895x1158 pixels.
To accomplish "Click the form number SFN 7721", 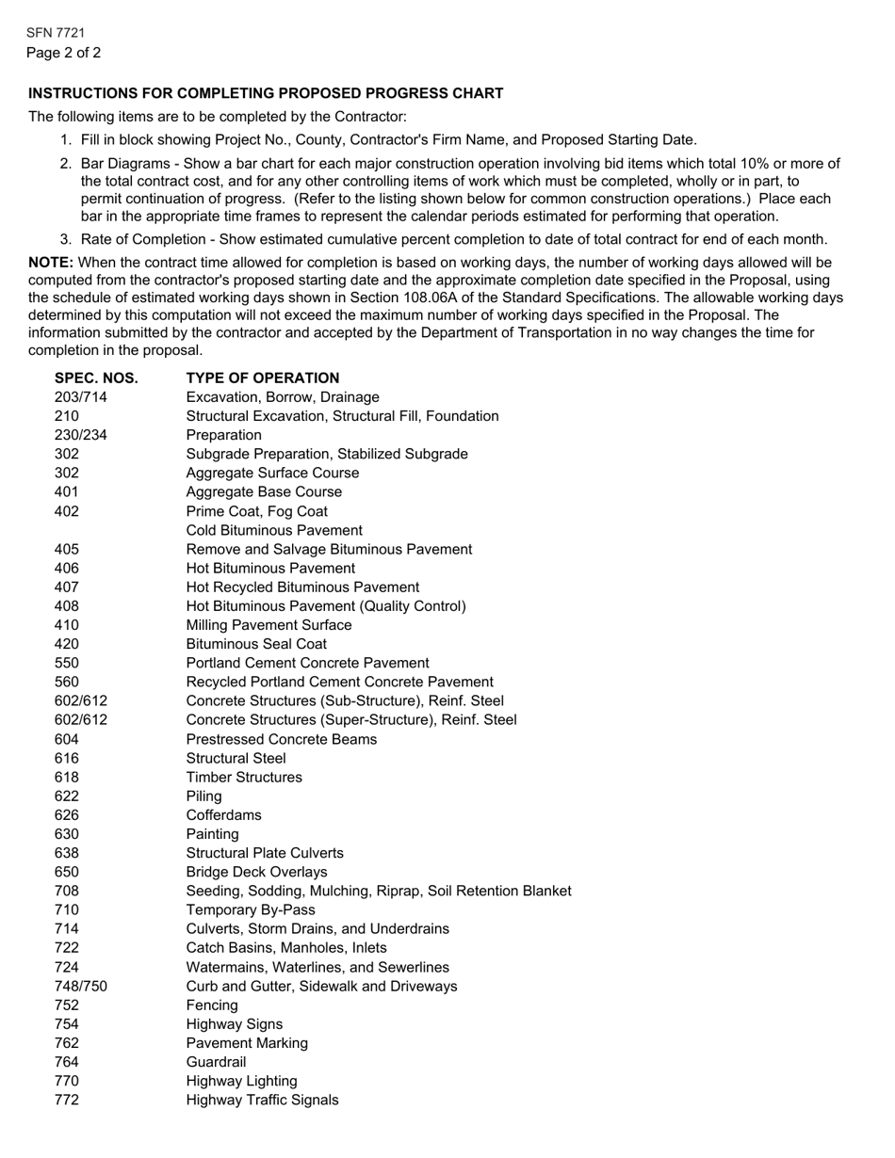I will click(x=56, y=33).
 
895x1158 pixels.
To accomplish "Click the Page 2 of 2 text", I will click(x=64, y=53).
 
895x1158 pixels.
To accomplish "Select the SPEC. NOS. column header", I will click(x=96, y=378).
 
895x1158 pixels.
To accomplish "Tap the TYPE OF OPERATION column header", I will click(x=263, y=378).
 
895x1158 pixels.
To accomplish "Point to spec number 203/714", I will click(x=81, y=397).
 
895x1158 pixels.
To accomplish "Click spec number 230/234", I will click(x=81, y=435).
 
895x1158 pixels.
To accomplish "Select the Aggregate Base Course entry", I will click(x=265, y=492).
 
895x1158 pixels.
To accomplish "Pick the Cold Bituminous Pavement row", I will click(x=274, y=530).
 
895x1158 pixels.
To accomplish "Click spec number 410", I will click(x=67, y=625).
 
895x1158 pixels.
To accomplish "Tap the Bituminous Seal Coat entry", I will click(x=257, y=644).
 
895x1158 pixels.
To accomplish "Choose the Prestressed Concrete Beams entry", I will click(x=282, y=739).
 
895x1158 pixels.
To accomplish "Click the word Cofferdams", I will click(x=224, y=815).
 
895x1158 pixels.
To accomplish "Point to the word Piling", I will click(x=204, y=796).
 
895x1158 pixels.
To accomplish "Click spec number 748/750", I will click(x=81, y=986).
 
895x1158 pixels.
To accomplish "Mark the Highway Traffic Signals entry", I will click(x=263, y=1100).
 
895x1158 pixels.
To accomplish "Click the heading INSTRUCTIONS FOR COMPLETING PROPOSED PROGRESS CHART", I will click(x=266, y=93).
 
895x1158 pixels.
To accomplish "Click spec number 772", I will click(x=67, y=1100).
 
